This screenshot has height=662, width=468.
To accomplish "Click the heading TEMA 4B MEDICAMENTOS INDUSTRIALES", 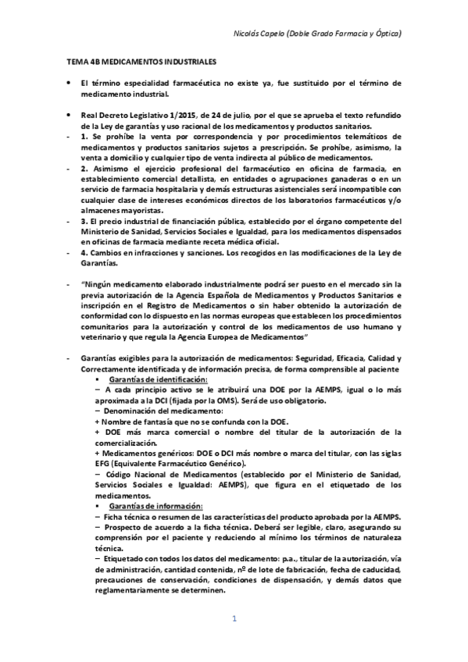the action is (141, 60).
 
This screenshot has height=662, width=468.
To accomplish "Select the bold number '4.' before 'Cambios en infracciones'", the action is (84, 253).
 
